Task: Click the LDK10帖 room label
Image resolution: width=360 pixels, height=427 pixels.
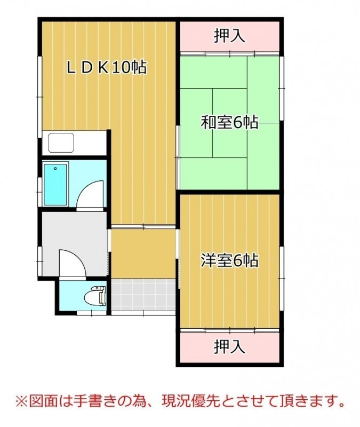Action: tap(107, 67)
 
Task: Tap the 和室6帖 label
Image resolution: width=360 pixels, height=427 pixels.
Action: tap(230, 122)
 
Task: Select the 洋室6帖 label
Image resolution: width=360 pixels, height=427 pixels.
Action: tap(230, 260)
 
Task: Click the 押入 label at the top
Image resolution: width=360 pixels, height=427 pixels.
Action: tap(229, 36)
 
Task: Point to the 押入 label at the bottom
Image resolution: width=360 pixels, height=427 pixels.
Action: tap(229, 346)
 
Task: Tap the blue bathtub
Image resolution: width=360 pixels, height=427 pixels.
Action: tap(55, 184)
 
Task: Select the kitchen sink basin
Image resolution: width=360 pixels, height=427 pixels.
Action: tap(61, 142)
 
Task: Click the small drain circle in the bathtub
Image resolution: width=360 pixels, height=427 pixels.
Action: tap(55, 169)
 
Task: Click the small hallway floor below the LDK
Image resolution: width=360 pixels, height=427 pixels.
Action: tap(143, 254)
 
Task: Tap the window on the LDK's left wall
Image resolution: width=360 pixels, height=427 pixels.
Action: tap(39, 97)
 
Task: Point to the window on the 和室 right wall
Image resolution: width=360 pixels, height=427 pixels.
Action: tap(282, 88)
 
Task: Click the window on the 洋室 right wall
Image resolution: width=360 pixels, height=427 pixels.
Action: tap(282, 278)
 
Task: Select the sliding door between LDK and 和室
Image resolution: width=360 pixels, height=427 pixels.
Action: tap(178, 157)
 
